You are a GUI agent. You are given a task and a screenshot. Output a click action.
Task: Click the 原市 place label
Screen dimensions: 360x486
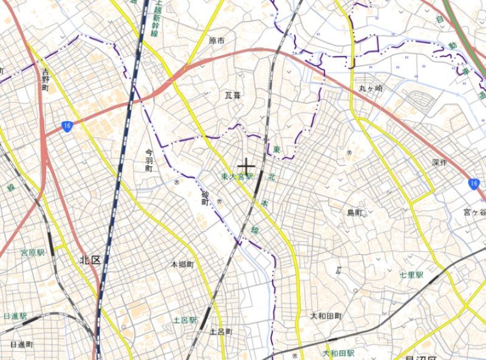[x=217, y=41]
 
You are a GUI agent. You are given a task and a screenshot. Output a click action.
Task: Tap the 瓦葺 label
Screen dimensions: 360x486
[x=233, y=95]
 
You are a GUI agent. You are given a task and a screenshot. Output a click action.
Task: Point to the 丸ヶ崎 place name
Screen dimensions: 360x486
[x=371, y=89]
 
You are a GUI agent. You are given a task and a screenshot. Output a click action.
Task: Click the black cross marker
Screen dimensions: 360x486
[x=245, y=165]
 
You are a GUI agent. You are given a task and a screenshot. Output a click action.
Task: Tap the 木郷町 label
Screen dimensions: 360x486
[x=182, y=265]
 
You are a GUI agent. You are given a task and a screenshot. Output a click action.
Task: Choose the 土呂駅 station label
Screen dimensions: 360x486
[x=185, y=320]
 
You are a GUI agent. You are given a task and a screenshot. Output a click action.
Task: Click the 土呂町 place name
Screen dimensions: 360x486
[x=221, y=332]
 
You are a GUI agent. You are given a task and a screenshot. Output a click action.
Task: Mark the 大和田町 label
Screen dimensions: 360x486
[x=326, y=316]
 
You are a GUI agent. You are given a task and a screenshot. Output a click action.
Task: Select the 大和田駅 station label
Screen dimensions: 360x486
[x=338, y=353]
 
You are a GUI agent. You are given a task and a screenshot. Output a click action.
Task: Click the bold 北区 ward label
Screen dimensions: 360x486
[x=89, y=260]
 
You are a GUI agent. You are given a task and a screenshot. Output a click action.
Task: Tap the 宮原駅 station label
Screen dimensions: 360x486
[x=33, y=252]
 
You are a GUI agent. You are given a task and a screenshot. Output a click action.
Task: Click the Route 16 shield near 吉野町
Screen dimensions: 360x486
[x=66, y=126]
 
